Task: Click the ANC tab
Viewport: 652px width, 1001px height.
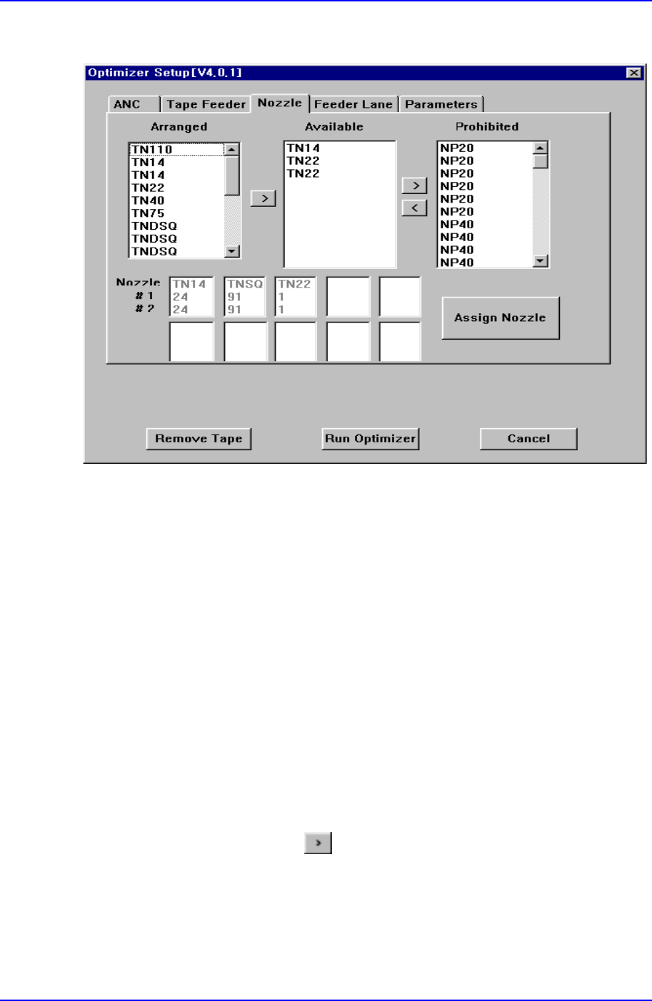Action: coord(127,104)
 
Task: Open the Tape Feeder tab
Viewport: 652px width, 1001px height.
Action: coord(206,104)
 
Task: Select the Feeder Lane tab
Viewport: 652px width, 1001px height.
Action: coord(353,104)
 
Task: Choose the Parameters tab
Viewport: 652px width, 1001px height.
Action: coord(441,104)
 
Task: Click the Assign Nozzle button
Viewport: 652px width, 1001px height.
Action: coord(500,318)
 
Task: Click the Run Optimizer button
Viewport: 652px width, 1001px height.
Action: coord(370,439)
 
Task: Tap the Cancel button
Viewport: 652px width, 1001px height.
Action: coord(528,439)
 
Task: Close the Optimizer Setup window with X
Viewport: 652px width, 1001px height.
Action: coord(633,73)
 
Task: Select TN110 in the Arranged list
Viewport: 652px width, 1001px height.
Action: coord(152,150)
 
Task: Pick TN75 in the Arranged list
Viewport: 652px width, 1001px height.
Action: coord(148,213)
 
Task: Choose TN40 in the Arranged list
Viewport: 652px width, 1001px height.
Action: coord(148,200)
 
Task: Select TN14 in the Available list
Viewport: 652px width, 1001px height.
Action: coord(304,148)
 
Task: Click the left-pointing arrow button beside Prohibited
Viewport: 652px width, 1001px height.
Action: coord(414,208)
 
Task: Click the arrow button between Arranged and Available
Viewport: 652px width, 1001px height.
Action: coord(264,198)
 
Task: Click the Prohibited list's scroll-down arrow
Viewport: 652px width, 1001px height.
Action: coord(541,261)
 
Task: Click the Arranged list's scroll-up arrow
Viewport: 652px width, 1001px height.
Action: coord(232,150)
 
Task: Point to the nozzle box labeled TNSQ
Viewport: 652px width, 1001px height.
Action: coord(245,297)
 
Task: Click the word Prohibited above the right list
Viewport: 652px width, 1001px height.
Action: coord(487,127)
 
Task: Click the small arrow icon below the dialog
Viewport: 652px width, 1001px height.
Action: coord(318,843)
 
